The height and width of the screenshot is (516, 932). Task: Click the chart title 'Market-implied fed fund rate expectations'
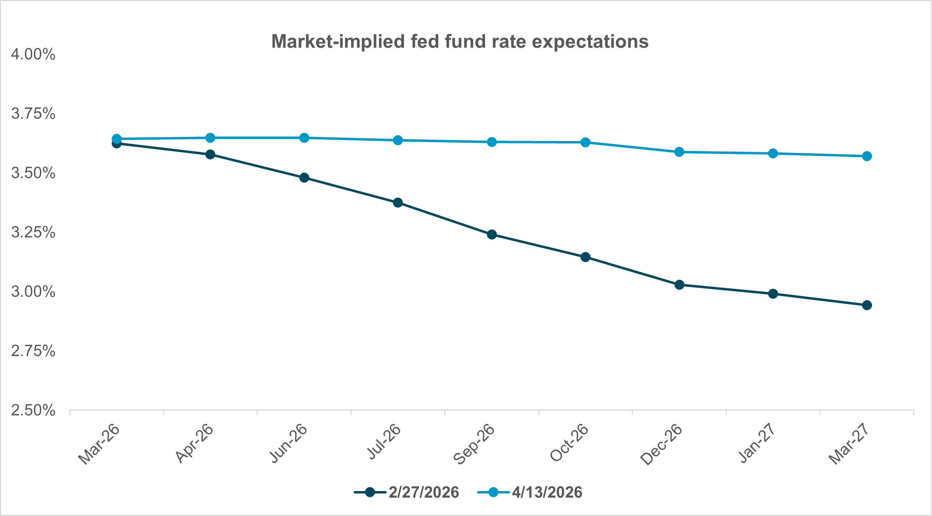click(459, 42)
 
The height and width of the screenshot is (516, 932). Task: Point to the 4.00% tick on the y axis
click(33, 55)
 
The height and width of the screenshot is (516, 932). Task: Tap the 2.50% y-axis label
click(33, 410)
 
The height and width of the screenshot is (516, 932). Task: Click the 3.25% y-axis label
click(33, 233)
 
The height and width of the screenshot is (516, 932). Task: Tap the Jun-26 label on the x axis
click(289, 444)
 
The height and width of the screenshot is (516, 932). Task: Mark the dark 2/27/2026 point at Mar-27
click(867, 305)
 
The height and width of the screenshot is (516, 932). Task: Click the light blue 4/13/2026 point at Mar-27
click(867, 156)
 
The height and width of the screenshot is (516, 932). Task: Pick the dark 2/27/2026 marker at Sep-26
click(492, 234)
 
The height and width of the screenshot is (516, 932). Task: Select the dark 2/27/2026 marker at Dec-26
click(680, 285)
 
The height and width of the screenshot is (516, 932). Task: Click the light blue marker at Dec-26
click(680, 152)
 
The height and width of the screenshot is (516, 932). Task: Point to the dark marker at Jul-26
click(398, 202)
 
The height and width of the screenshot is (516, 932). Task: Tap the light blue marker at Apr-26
click(210, 138)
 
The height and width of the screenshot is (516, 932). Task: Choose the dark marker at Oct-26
click(585, 257)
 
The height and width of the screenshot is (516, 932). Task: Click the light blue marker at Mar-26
click(116, 139)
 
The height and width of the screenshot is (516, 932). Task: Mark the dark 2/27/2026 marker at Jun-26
click(304, 177)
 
